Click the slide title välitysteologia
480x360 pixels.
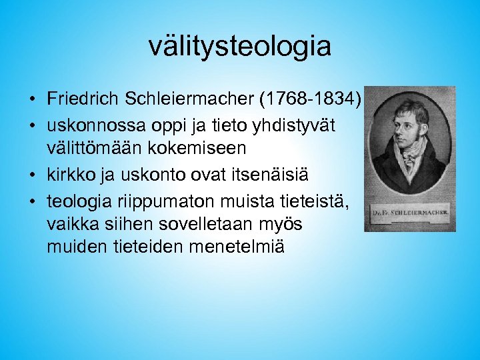tap(239, 47)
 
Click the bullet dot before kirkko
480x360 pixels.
tap(32, 176)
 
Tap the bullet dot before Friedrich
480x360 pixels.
tap(32, 100)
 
